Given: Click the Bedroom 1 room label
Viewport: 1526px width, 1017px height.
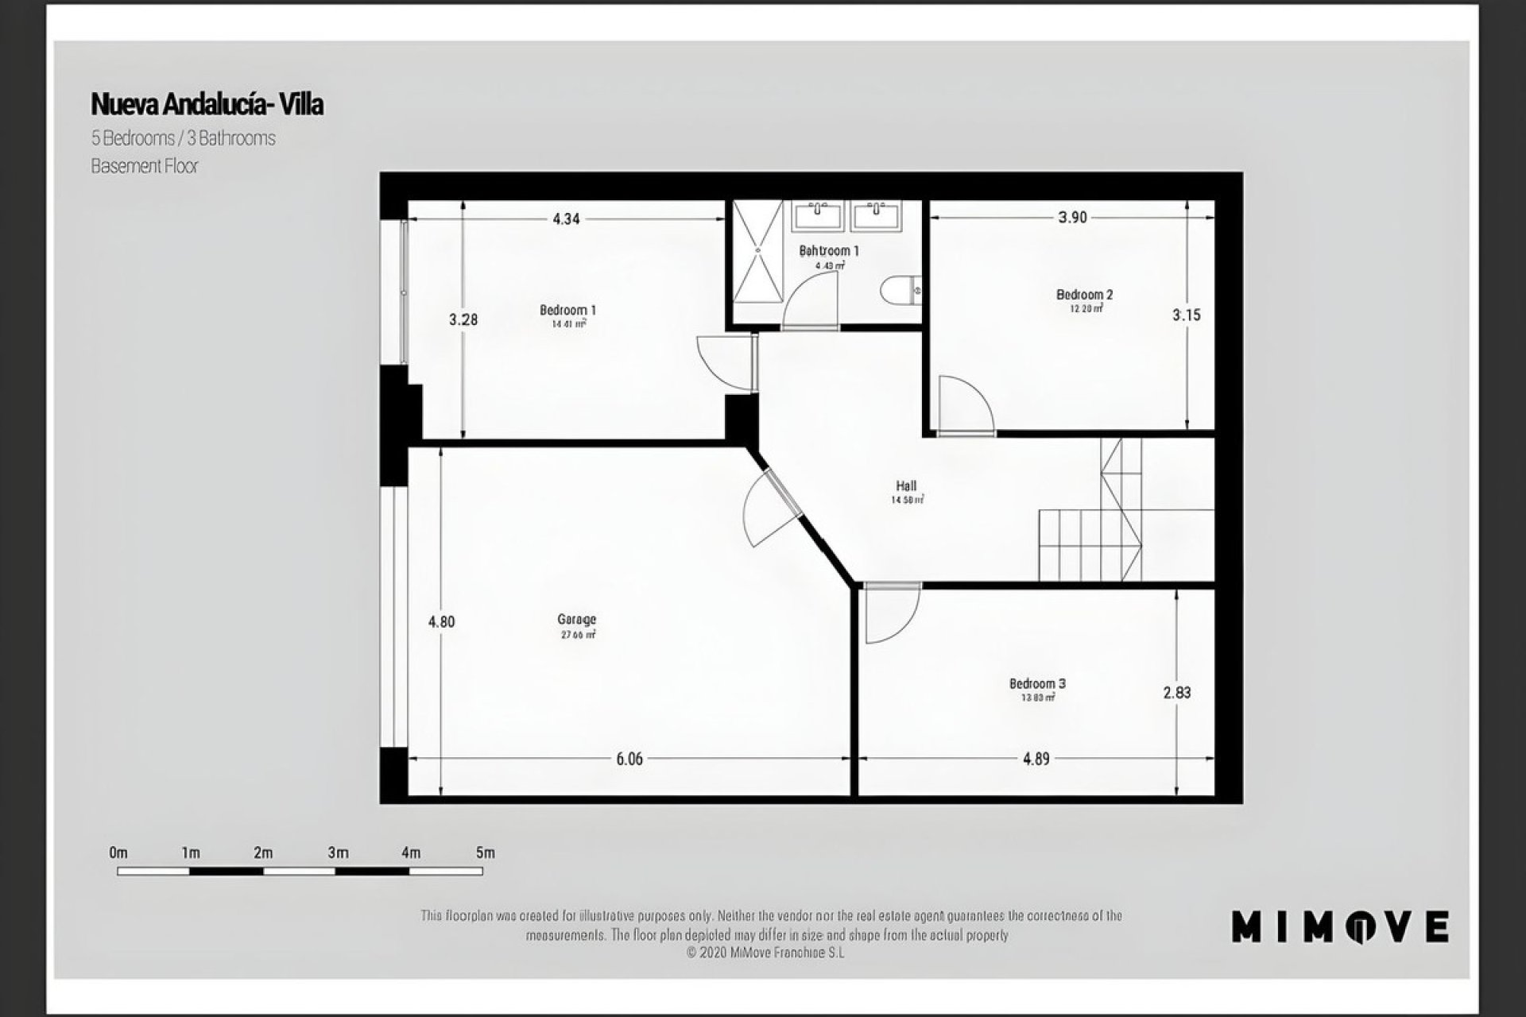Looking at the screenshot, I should (x=567, y=310).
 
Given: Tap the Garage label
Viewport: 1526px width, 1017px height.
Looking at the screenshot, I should (x=576, y=620).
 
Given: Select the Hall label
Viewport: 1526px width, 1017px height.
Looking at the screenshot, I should (x=906, y=486).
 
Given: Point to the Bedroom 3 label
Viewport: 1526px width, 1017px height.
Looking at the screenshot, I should (x=1037, y=683).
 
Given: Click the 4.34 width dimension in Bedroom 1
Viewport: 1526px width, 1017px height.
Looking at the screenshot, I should (x=566, y=218).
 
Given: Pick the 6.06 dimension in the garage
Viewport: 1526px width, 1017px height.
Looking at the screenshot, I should (x=629, y=759).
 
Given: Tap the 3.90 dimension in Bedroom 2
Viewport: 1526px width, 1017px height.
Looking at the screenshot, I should (x=1072, y=218).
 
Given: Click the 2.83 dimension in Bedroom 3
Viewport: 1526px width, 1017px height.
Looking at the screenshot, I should (x=1177, y=693).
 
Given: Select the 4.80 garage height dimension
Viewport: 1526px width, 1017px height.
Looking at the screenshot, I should (x=441, y=621).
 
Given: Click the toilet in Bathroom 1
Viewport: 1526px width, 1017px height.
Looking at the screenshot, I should (x=899, y=290).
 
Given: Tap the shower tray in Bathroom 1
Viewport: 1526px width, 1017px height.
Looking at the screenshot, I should (x=757, y=251).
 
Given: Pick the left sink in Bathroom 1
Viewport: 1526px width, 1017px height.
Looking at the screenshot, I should (x=817, y=215).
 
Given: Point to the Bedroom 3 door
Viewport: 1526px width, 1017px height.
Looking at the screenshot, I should (x=890, y=613).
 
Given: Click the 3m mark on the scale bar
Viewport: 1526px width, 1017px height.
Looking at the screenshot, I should (x=338, y=853).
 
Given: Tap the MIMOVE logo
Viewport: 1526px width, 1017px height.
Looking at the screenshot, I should (x=1340, y=926).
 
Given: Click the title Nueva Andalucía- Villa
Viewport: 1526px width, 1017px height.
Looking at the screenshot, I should (x=207, y=104).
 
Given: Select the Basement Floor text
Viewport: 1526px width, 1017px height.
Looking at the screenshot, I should (x=144, y=166).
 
